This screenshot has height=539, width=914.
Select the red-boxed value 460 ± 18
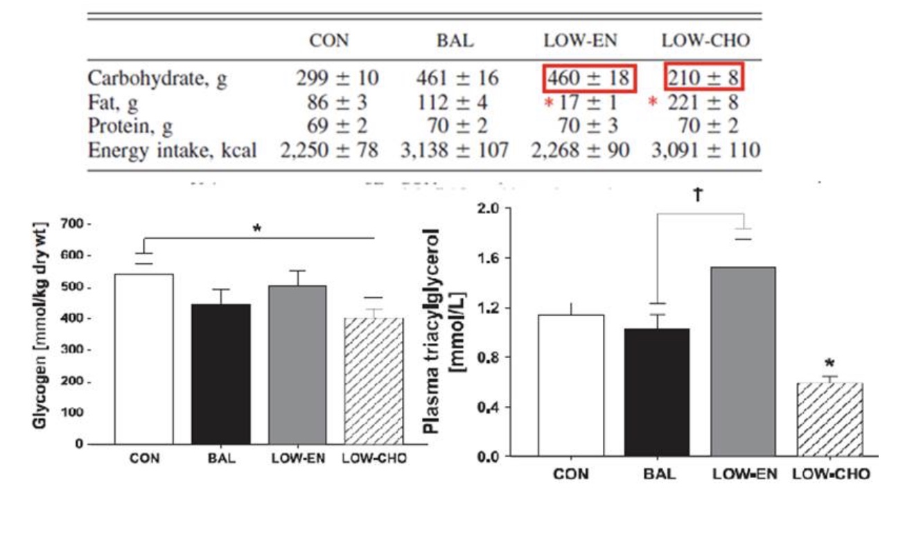tap(588, 78)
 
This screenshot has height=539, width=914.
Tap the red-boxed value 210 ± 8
tap(704, 78)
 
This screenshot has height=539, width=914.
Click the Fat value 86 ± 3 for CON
tap(337, 103)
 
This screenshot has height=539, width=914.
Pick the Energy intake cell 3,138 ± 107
tap(455, 150)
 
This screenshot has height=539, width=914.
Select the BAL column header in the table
tap(455, 40)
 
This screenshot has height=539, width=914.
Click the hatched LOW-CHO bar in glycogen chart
tap(375, 380)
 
